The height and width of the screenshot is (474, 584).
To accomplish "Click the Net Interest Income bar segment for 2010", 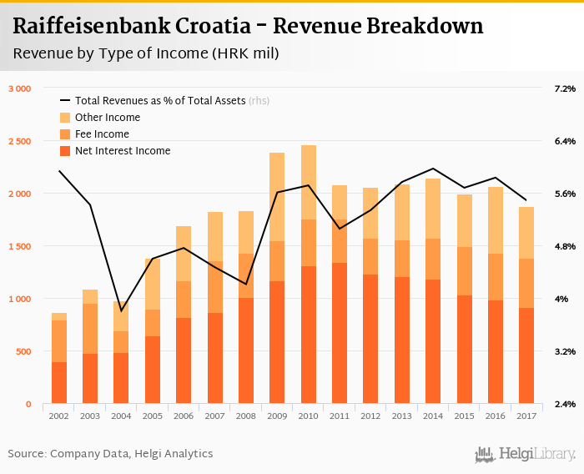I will [x=309, y=335].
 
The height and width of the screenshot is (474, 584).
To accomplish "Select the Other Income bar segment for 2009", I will [x=277, y=197].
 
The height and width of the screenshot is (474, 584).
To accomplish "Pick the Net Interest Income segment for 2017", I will [x=527, y=355].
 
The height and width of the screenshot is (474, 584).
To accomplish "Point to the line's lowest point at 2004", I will [x=122, y=311].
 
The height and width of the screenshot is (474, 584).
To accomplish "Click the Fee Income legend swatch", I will [x=64, y=134].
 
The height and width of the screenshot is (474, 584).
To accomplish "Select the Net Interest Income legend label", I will [x=123, y=151].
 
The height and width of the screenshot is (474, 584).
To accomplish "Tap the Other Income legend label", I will [x=108, y=118].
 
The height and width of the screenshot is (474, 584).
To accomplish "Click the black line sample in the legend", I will [x=64, y=101].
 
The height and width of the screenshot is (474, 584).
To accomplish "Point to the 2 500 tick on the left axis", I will [x=19, y=141].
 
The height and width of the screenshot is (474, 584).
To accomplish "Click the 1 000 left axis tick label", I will [x=19, y=299].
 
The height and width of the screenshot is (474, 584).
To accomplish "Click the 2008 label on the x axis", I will [x=246, y=415].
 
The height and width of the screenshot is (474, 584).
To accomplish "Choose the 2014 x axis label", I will [x=433, y=415].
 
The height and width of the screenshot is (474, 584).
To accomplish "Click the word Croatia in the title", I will [x=213, y=27].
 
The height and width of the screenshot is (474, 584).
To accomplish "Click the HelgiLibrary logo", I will [x=526, y=454].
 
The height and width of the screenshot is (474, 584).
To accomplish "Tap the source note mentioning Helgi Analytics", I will [x=110, y=454].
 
